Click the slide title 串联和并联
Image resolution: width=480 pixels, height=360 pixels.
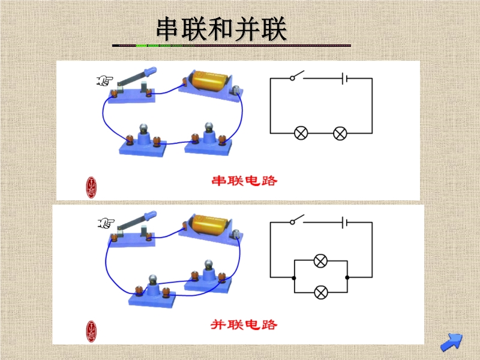(x=221, y=29)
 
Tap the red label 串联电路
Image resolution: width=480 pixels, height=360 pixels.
(x=244, y=181)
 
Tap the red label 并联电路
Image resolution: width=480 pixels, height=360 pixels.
(x=244, y=325)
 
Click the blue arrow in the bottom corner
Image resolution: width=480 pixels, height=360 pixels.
(x=451, y=342)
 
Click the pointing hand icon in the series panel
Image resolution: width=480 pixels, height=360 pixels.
(x=104, y=81)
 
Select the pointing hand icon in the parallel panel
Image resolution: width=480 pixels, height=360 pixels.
(x=106, y=223)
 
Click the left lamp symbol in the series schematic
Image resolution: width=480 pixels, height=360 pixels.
(x=301, y=133)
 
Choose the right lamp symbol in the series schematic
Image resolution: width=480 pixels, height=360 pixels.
(x=340, y=133)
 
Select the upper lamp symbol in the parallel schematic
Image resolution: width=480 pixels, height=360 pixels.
(x=320, y=261)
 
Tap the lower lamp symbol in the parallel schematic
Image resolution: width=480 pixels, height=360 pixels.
(x=321, y=292)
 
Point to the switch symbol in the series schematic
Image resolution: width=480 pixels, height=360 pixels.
(x=297, y=76)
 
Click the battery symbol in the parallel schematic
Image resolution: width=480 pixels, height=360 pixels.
(x=344, y=223)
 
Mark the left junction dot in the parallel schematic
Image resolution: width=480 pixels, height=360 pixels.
(x=294, y=278)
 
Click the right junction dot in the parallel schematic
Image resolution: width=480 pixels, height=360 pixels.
(x=347, y=278)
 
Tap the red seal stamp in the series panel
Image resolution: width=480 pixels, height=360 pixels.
(x=91, y=187)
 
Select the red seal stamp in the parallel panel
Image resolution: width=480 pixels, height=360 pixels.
(x=91, y=331)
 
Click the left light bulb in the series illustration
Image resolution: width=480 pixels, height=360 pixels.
(x=143, y=128)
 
